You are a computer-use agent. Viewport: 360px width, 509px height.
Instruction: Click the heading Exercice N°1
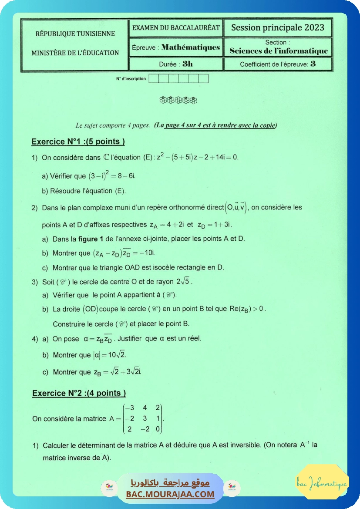click(78, 142)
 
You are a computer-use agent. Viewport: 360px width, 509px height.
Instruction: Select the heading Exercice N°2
click(79, 393)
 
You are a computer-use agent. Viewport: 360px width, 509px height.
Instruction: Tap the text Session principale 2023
click(278, 28)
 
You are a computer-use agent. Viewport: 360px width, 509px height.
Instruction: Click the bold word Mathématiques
click(191, 47)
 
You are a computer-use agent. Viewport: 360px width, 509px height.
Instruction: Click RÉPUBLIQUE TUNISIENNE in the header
click(75, 34)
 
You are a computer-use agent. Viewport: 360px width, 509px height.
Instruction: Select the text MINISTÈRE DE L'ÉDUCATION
click(75, 53)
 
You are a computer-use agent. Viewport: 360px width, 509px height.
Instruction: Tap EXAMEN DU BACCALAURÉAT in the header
click(176, 28)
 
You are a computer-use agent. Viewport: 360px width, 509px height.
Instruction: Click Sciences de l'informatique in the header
click(279, 51)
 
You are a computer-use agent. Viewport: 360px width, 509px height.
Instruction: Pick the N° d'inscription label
click(131, 79)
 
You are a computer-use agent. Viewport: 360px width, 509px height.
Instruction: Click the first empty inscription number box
click(154, 79)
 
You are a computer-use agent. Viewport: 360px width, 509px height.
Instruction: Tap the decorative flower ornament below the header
click(178, 100)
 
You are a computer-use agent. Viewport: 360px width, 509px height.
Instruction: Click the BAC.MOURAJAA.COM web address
click(170, 494)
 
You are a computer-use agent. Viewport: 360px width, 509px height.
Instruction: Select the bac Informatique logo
click(322, 483)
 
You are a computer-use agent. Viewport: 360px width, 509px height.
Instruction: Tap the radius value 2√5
click(184, 281)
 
